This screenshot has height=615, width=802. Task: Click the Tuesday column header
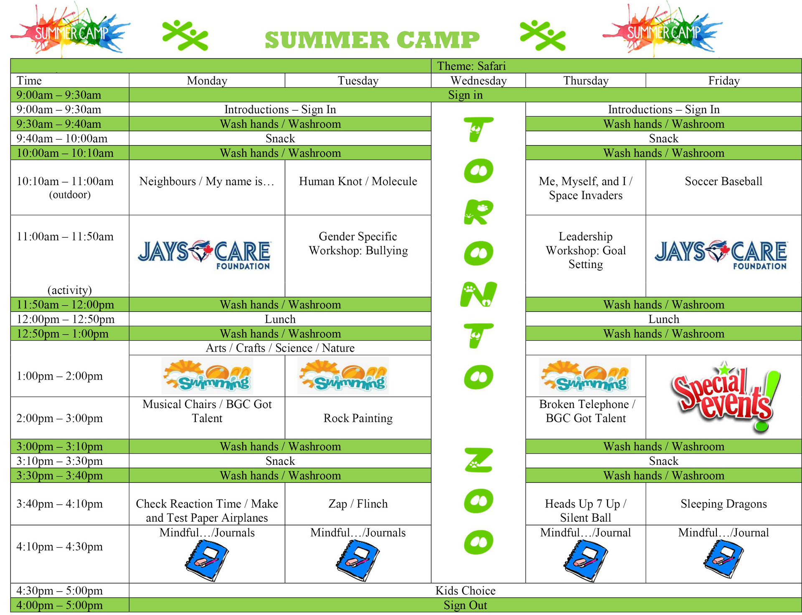point(358,81)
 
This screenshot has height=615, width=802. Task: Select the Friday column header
point(723,81)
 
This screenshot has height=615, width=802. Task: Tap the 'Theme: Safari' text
point(471,66)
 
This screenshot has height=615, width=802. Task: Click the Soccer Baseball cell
point(723,181)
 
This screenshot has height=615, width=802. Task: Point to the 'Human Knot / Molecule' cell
point(358,181)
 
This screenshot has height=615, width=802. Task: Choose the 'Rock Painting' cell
point(358,418)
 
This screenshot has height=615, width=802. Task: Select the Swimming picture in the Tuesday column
point(343,375)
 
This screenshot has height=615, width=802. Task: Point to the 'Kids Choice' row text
point(465,590)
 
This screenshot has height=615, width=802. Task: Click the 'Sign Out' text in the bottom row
point(465,605)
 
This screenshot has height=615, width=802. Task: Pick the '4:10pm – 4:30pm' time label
point(59,546)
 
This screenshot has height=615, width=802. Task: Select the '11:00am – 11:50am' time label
point(65,237)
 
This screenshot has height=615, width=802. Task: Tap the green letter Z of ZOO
point(479,460)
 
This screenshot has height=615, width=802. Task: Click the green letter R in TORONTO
point(479,212)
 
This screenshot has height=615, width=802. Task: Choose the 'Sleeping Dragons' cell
point(723,504)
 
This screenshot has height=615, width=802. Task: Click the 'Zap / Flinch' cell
point(358,504)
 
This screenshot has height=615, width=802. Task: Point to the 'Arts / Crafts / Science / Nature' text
point(280,348)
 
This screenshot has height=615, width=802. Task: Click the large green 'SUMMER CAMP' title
point(372,40)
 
